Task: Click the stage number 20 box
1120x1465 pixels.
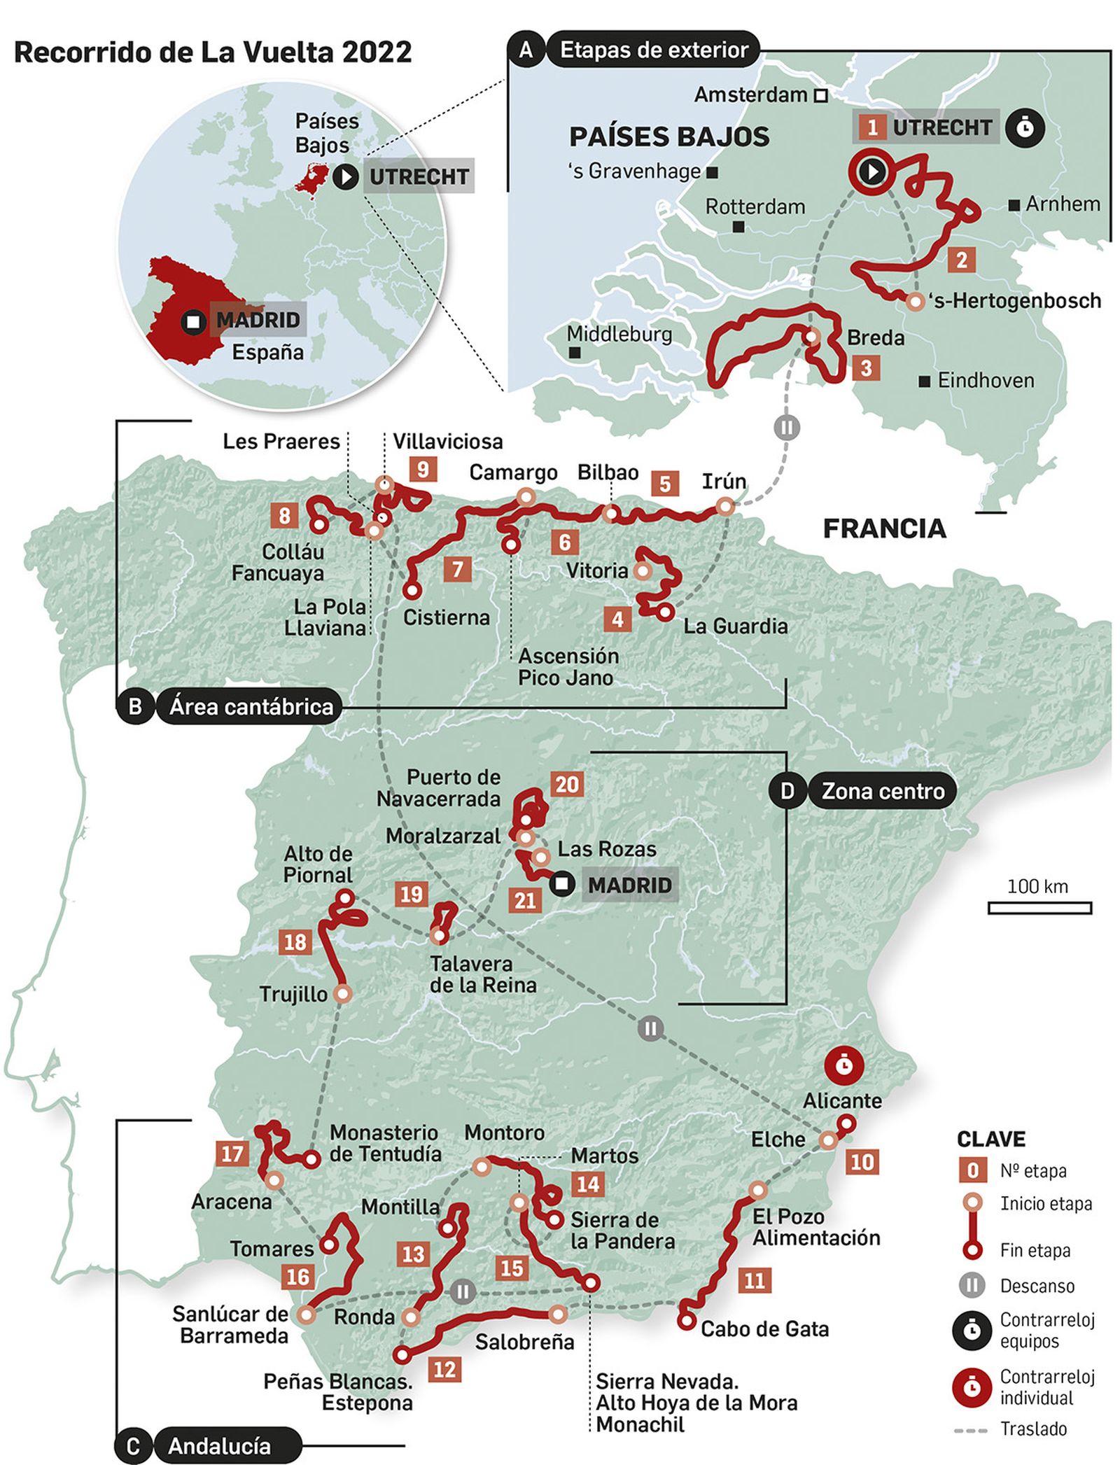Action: pos(566,784)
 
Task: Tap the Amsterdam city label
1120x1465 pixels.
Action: pos(750,94)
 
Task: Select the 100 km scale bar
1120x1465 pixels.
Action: pos(1039,908)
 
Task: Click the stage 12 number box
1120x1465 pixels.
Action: pos(444,1368)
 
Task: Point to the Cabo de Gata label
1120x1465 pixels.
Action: pos(764,1329)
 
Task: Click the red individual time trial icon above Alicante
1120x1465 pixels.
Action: pos(843,1066)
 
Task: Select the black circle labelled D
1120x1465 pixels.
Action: pos(787,791)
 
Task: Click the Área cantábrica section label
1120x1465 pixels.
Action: pos(251,706)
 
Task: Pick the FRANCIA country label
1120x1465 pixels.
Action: pos(884,528)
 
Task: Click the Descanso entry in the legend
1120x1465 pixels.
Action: pos(1037,1286)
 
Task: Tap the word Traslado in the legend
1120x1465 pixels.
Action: pos(1033,1429)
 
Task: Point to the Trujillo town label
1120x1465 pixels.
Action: pos(293,994)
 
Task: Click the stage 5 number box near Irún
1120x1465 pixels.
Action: pos(664,483)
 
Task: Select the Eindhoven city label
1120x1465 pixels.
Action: pos(986,381)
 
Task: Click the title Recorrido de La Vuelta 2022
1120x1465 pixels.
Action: pos(213,52)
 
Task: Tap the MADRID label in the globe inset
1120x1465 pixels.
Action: pos(258,320)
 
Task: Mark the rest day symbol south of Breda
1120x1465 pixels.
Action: pos(786,427)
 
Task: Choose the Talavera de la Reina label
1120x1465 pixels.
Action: pos(483,974)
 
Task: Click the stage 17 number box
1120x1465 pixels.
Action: pos(232,1154)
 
